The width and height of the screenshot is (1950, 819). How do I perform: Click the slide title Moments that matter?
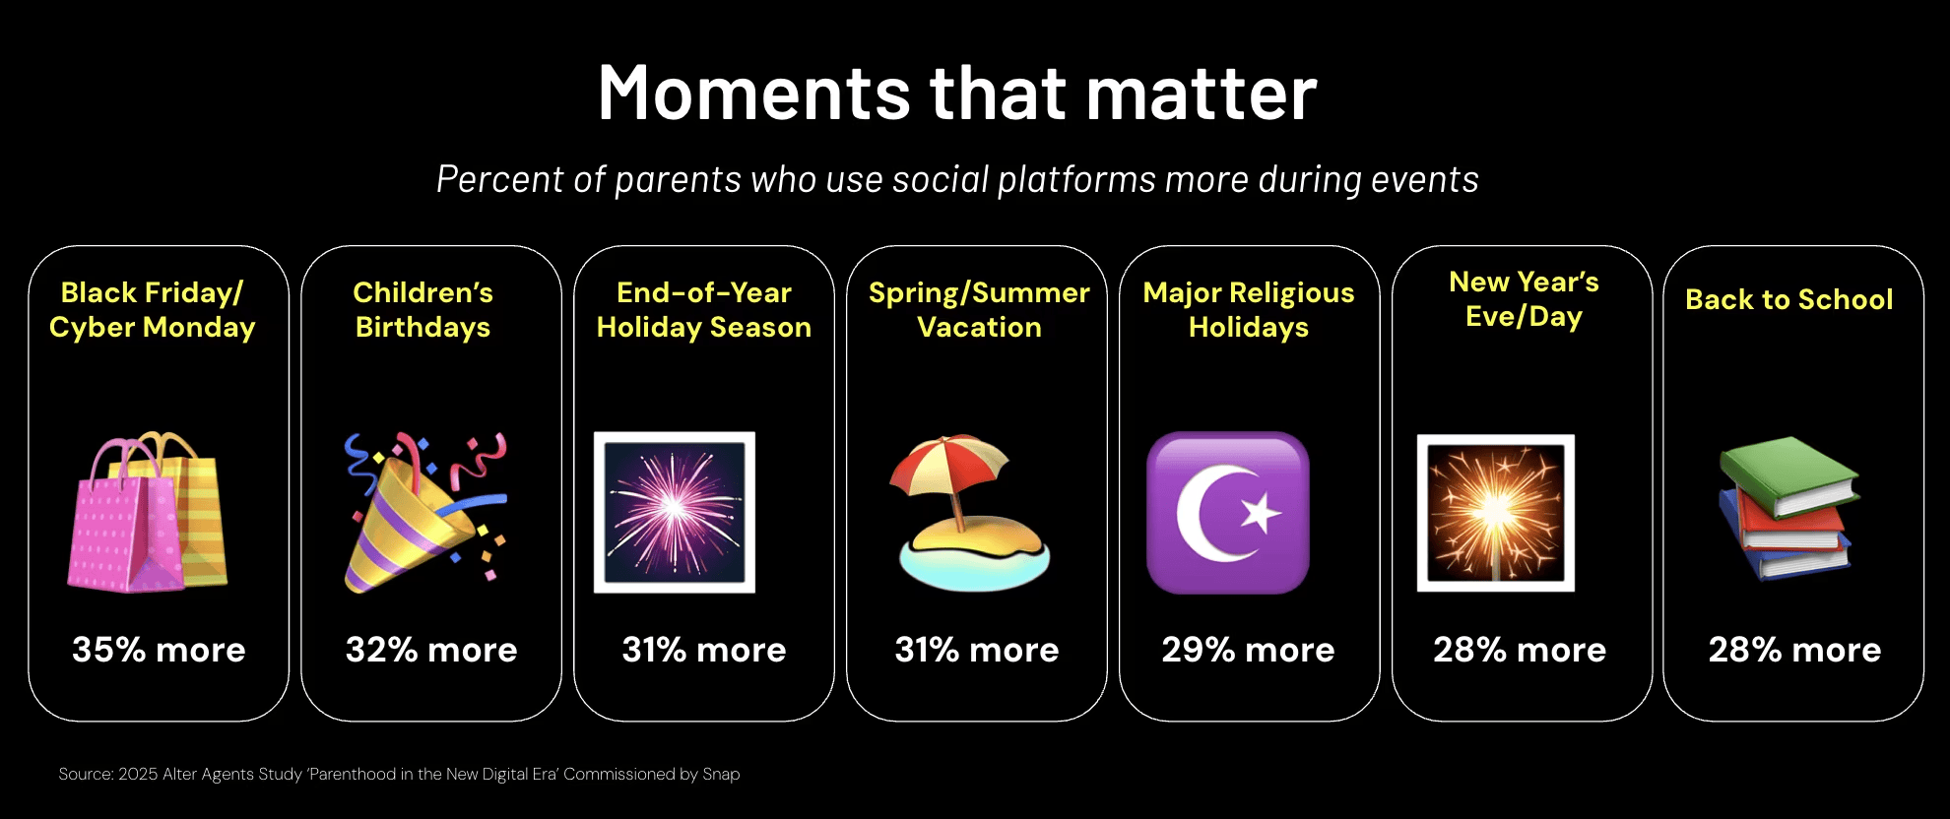click(957, 93)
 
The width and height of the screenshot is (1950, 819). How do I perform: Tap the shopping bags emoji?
click(148, 512)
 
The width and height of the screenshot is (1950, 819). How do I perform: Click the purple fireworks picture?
click(675, 512)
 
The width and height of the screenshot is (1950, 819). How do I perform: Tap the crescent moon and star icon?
click(1228, 513)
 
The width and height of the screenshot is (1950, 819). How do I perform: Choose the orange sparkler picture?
click(1496, 513)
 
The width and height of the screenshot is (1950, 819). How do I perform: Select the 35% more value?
click(159, 650)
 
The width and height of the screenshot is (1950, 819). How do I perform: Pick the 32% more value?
click(431, 650)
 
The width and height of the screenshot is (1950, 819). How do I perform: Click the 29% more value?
click(1248, 650)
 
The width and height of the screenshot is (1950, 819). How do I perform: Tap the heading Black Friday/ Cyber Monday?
click(153, 310)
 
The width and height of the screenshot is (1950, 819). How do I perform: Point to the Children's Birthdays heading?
click(423, 310)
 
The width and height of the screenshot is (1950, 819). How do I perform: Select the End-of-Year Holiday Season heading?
click(704, 310)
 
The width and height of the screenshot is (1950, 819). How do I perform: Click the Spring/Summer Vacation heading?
click(979, 310)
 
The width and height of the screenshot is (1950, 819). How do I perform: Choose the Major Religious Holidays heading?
click(1249, 310)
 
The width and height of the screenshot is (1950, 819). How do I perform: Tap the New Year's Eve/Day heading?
click(1525, 299)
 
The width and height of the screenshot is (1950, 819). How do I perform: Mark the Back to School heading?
click(1789, 299)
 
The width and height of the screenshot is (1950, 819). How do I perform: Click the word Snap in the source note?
click(721, 775)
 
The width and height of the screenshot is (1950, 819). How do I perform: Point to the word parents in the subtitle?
click(678, 180)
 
